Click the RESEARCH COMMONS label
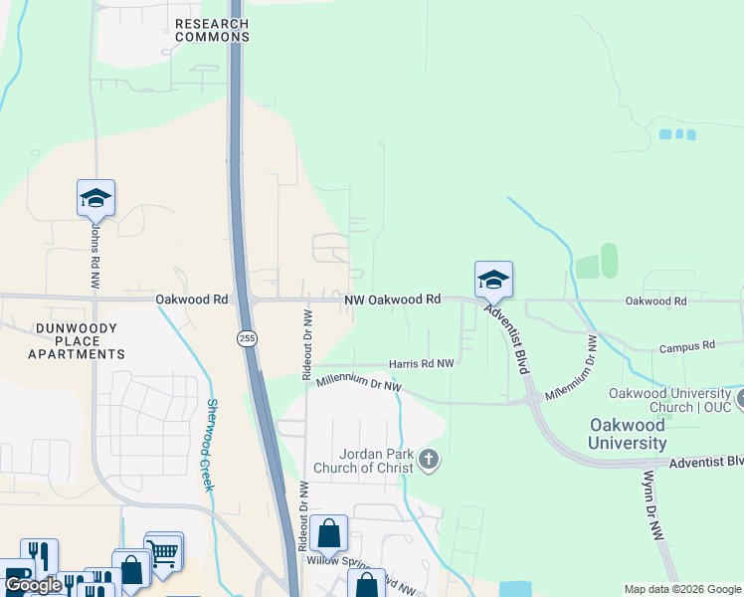tap(211, 30)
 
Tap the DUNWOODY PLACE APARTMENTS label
tap(76, 341)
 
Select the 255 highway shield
tap(246, 339)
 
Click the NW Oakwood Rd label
tap(392, 299)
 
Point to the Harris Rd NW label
tap(421, 364)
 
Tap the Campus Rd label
tap(687, 347)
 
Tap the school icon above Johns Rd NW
tap(95, 198)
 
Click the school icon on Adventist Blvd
tap(493, 280)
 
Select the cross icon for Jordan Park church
tap(429, 460)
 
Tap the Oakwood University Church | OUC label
tap(663, 400)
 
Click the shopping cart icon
tap(164, 550)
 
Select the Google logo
tap(33, 586)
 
